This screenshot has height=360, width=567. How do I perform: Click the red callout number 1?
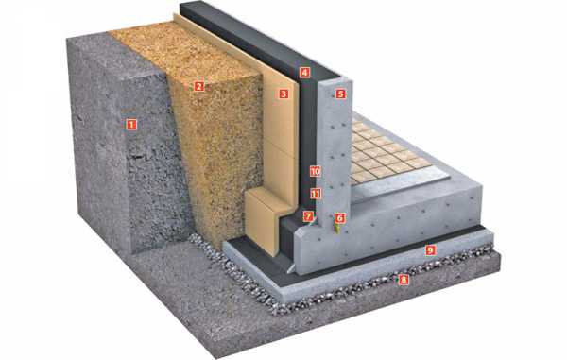[x=131, y=125]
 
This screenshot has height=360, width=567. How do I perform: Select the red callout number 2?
[x=198, y=86]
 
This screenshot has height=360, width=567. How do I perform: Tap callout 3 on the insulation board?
[x=283, y=94]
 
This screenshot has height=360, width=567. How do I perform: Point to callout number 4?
[x=304, y=73]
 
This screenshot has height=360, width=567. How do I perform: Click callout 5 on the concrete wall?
[x=340, y=94]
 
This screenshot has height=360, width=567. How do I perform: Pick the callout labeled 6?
[x=339, y=218]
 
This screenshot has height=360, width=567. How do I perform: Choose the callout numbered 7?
[x=308, y=216]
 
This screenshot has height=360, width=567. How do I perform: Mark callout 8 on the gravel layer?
[x=404, y=280]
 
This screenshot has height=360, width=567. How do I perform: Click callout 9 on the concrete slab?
[x=430, y=249]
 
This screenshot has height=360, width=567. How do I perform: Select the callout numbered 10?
[x=316, y=171]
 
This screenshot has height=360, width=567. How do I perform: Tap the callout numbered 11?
[x=316, y=194]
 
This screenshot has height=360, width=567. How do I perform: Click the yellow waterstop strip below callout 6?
[x=338, y=229]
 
